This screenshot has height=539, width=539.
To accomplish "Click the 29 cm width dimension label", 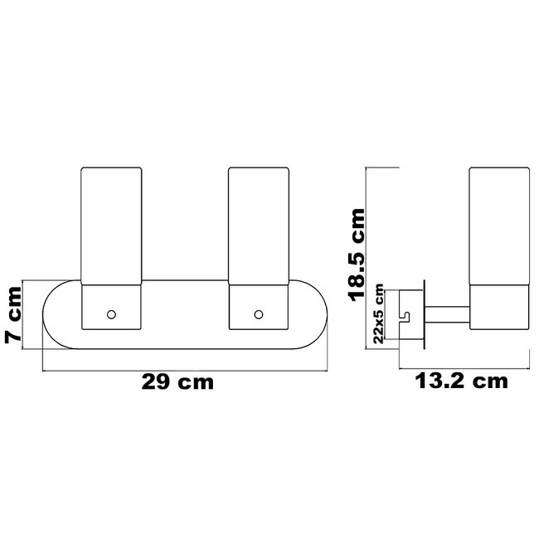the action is pos(177,382).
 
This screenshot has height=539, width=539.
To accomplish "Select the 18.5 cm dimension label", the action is pos(357,255).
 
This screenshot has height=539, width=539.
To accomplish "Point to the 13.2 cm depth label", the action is pos(461,381).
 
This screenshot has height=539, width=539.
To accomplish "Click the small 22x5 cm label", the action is pos(378,313).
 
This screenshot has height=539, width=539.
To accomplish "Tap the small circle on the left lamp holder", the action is pos(111,314).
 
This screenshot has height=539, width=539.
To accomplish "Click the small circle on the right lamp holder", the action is pos(259,314).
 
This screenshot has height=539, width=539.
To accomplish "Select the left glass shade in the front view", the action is pos(111,226).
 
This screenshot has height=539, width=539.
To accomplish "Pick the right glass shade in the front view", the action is pos(259,226).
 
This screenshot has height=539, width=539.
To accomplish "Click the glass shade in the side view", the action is pos(499,226).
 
